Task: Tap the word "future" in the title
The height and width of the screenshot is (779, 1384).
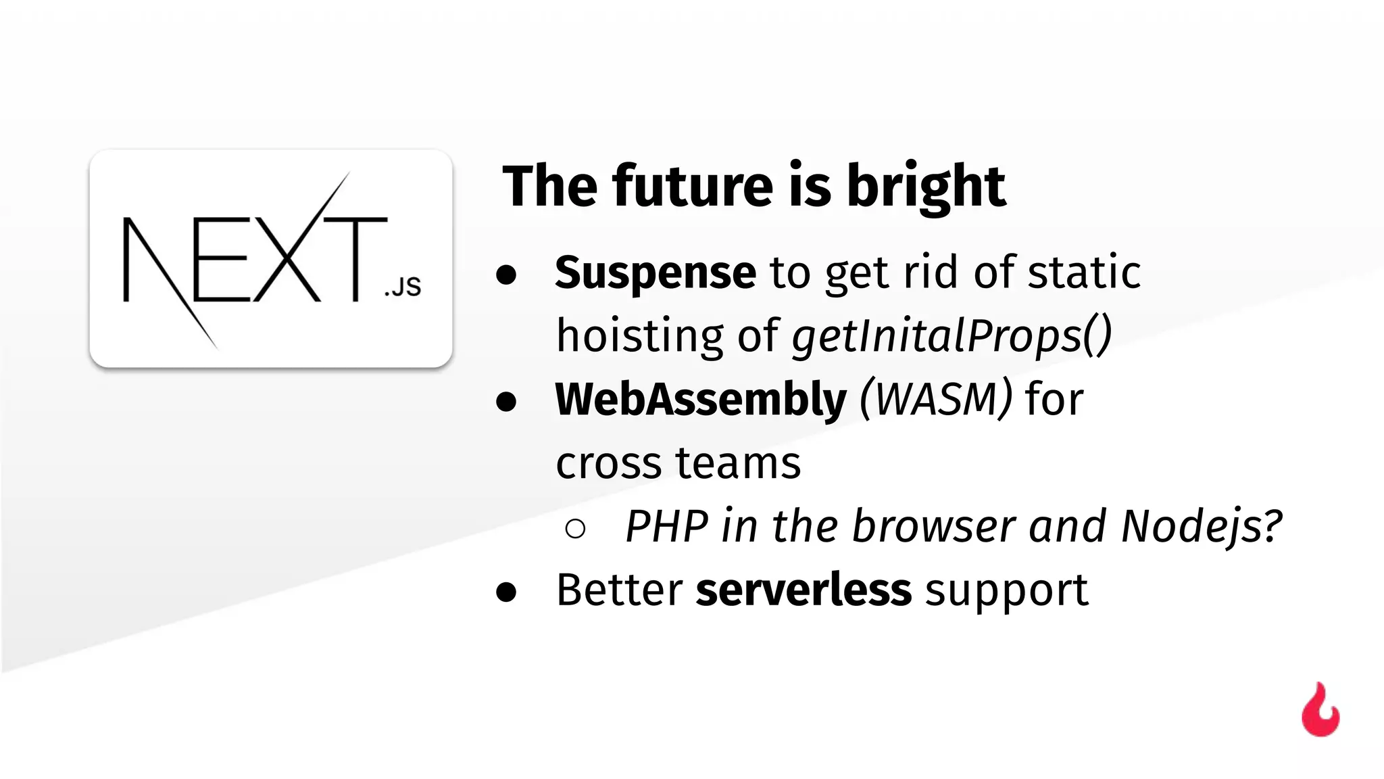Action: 693,187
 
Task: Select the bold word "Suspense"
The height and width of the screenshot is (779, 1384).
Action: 655,273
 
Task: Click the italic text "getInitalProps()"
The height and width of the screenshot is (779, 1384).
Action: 951,336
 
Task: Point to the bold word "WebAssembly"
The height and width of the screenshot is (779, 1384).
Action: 700,399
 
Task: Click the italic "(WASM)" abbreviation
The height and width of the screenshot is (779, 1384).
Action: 936,399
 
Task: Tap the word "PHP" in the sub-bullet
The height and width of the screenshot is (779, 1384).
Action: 667,526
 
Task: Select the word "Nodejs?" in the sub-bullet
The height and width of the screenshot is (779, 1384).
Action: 1202,526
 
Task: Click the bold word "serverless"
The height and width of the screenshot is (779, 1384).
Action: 804,590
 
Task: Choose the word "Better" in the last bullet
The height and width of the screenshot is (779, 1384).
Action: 619,590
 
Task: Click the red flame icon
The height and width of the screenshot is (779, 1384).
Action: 1320,711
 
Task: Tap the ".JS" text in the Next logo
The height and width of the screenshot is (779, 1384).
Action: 403,287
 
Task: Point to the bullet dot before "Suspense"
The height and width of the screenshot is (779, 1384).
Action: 506,275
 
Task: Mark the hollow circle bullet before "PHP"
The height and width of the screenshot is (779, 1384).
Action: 575,529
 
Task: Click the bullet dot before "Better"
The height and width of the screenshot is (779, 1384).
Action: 506,592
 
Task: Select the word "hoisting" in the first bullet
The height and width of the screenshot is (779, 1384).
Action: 639,336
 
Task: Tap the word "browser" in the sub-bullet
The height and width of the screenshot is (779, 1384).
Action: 933,526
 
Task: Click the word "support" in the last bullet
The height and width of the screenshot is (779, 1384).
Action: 1006,591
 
